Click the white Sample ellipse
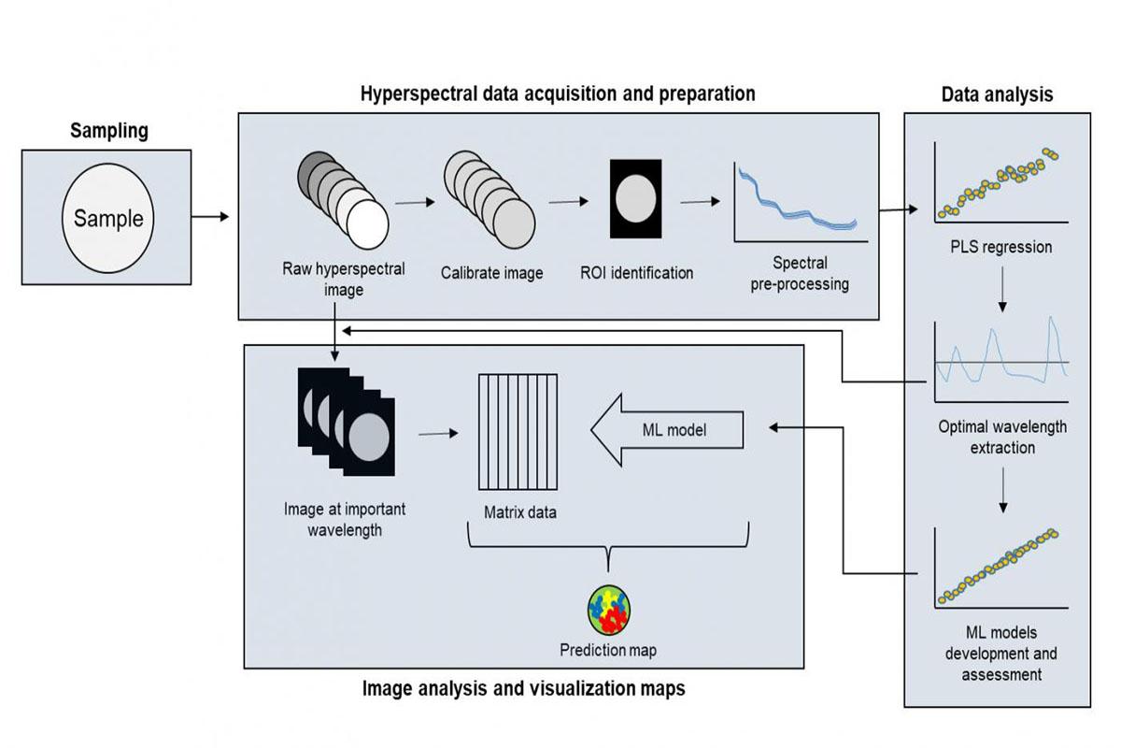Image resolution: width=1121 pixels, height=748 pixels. [x=108, y=218]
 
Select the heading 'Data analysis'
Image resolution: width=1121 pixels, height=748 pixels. [x=997, y=94]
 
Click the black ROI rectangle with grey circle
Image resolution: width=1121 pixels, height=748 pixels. [x=635, y=198]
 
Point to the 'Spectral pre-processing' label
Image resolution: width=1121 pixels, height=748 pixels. [x=800, y=274]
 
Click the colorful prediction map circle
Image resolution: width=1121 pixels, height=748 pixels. [x=609, y=611]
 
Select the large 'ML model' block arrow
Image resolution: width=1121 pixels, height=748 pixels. [x=666, y=431]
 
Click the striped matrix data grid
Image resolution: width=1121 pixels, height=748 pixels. [x=518, y=431]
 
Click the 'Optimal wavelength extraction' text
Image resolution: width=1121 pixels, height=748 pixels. [x=1001, y=437]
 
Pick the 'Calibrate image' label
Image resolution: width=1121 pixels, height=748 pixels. [x=492, y=273]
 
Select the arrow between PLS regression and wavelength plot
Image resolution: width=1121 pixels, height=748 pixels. [x=1001, y=292]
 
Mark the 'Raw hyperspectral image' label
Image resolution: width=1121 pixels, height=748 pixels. [x=344, y=279]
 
